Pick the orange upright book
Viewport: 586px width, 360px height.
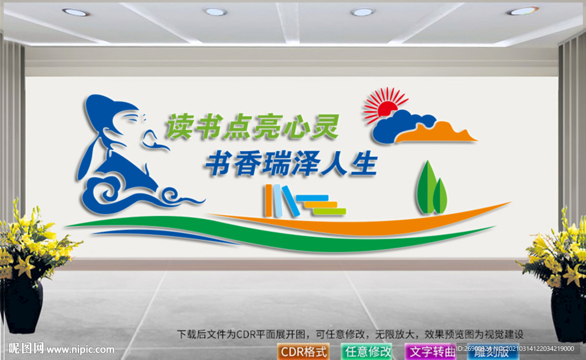(x=269, y=201)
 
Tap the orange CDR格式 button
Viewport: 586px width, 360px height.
(x=303, y=351)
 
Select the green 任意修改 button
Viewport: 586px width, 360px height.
(x=367, y=351)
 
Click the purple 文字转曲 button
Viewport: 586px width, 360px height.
(x=430, y=351)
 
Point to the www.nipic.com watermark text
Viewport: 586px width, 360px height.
(x=80, y=349)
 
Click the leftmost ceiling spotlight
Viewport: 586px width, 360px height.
(x=76, y=12)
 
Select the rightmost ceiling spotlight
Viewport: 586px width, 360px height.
(x=522, y=11)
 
